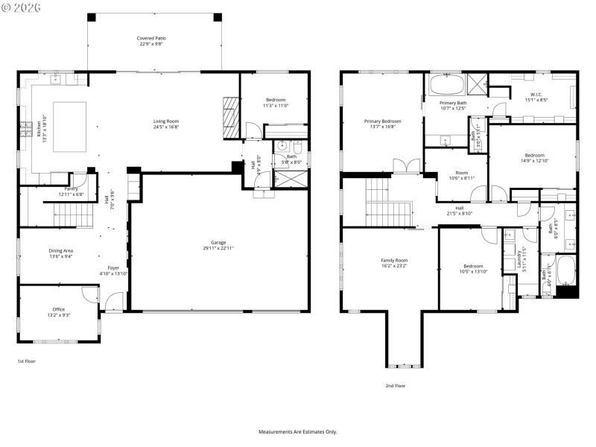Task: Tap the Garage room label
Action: (218, 245)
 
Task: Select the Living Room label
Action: (166, 124)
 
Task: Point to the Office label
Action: (59, 312)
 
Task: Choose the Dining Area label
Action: (60, 254)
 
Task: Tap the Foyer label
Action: (113, 270)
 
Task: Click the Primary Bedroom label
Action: (382, 124)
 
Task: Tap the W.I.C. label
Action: (536, 96)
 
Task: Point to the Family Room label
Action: (395, 263)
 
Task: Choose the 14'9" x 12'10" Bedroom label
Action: (535, 157)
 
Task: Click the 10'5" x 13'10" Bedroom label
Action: (472, 269)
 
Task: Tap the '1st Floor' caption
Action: (26, 361)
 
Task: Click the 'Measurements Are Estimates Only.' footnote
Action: (298, 431)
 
